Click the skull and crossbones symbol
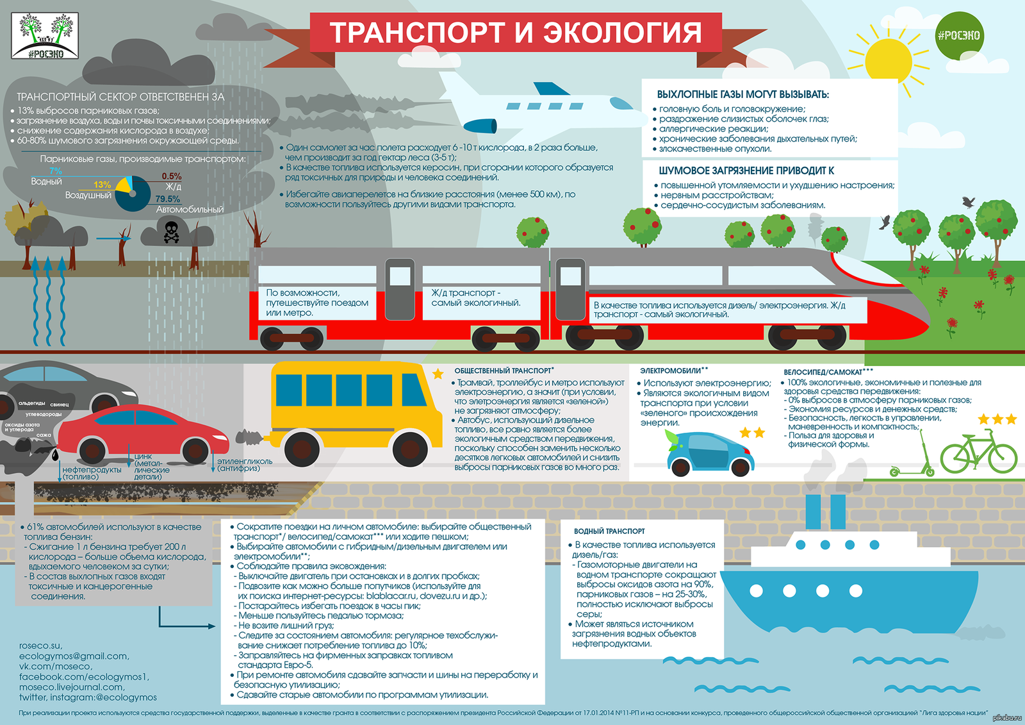(171, 232)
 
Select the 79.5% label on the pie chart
(167, 199)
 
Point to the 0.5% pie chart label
(172, 176)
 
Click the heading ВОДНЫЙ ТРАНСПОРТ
(609, 531)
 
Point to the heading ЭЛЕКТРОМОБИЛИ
(670, 371)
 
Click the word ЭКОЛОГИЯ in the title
(622, 32)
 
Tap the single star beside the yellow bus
(438, 374)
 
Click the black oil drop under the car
(55, 454)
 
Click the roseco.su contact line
(41, 646)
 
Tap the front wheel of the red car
(195, 450)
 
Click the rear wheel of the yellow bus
(302, 448)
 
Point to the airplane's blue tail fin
(552, 88)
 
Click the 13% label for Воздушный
(102, 185)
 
